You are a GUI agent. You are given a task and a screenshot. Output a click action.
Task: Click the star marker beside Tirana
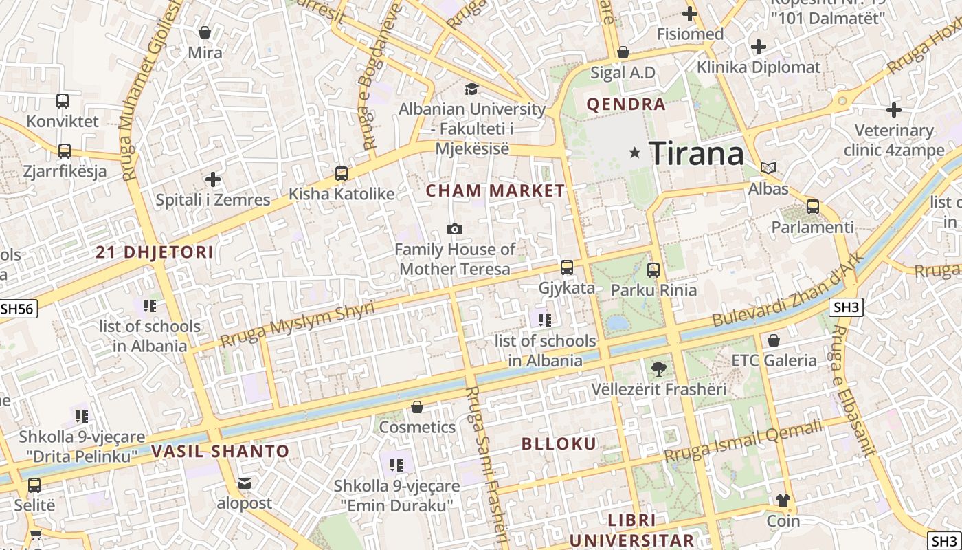coord(635,153)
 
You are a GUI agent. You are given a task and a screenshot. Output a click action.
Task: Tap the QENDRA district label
coord(625,104)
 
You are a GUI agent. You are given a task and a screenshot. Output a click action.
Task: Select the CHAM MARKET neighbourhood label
coord(495,191)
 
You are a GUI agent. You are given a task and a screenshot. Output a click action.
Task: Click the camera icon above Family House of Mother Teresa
coord(454,229)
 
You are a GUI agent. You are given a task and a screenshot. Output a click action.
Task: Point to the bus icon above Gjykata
coord(567,267)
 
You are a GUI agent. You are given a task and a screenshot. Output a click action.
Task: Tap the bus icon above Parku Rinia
coord(653,270)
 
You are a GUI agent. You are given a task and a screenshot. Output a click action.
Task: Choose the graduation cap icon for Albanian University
coord(471,89)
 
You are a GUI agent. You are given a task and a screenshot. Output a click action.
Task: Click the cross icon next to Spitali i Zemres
coord(213,179)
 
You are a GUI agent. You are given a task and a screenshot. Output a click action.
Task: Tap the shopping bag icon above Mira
coord(205,32)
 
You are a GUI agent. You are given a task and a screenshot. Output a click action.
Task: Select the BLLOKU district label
coord(559,443)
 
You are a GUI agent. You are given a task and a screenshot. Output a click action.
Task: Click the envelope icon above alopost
coord(245,483)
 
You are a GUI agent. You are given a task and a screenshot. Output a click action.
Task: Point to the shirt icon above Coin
coord(783,500)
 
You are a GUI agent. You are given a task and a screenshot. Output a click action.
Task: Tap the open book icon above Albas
coord(768,168)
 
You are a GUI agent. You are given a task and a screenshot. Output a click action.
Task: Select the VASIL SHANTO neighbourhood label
coord(221,452)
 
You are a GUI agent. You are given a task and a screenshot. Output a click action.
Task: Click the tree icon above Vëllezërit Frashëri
coord(658,368)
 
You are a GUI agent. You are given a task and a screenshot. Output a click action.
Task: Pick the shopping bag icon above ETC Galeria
coord(774,340)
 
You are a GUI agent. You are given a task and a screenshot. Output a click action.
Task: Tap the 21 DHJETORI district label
coord(155,252)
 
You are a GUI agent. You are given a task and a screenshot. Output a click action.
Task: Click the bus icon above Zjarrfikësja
coord(65,151)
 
